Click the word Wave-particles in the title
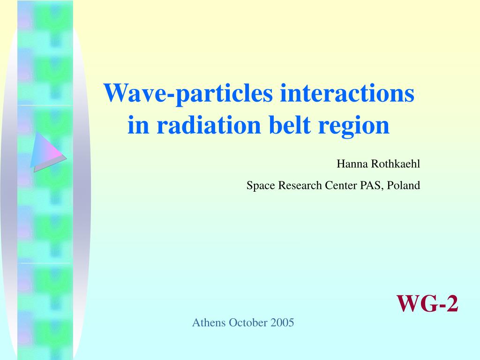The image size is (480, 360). coord(188,93)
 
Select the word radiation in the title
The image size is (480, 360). coord(209,125)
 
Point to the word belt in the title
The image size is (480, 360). coord(290,125)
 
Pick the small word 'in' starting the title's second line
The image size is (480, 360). coord(138,125)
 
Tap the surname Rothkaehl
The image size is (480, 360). coord(395,164)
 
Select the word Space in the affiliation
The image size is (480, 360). coord(261,186)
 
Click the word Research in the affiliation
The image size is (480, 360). coord(300,185)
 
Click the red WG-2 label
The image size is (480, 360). coord(427,303)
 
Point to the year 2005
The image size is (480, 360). coord(282,322)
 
